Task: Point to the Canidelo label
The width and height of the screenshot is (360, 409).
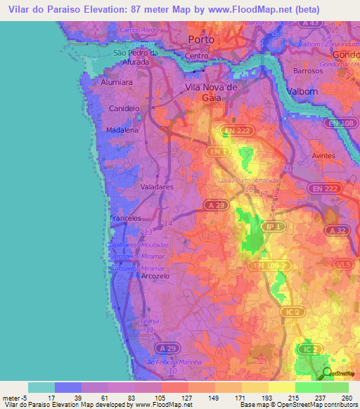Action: click(124, 108)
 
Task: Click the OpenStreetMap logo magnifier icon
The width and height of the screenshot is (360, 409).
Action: click(327, 373)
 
